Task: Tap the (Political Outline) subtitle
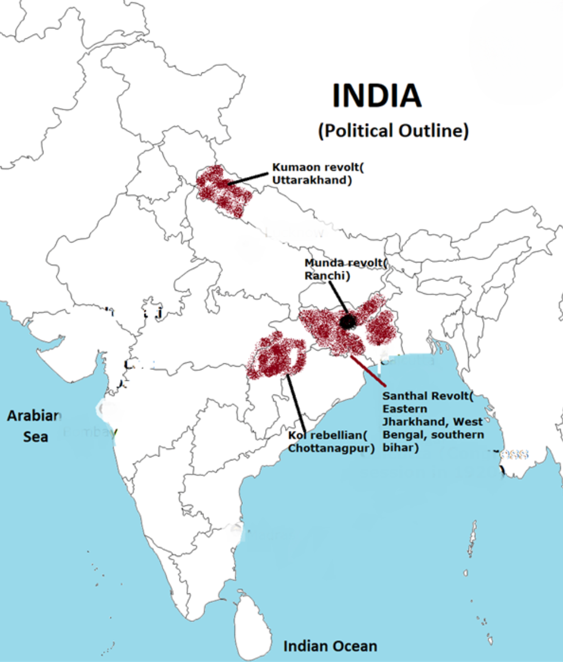pos(393,131)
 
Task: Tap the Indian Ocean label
pos(330,646)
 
